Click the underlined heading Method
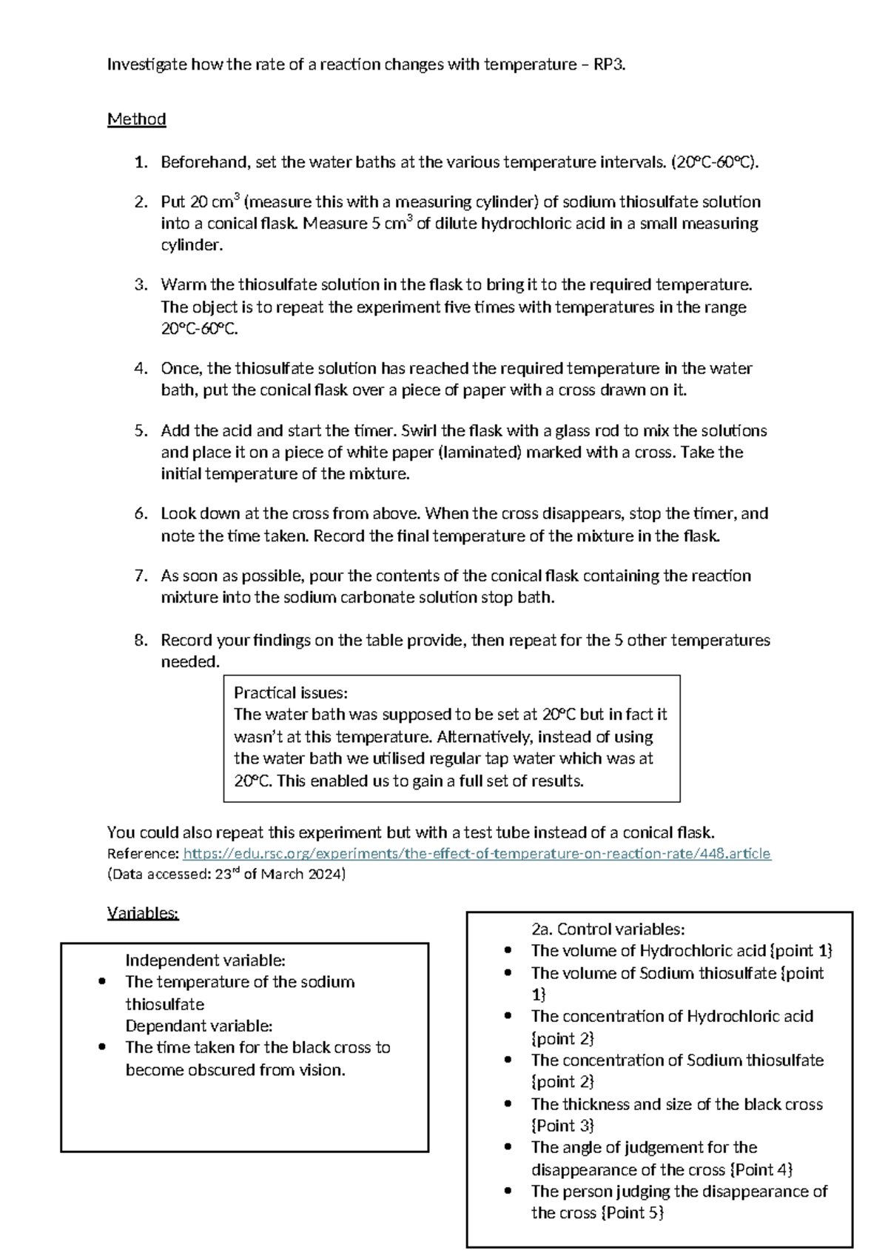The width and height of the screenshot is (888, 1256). coord(136,119)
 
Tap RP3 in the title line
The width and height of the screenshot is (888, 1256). coord(609,64)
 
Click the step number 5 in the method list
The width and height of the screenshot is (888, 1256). coord(141,431)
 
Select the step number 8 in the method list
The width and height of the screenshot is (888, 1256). coord(141,641)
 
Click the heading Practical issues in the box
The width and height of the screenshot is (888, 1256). coord(290,693)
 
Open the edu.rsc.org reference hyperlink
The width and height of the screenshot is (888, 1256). coord(477,854)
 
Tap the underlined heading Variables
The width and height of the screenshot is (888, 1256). coord(143,913)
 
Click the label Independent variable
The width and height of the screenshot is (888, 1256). coord(205,961)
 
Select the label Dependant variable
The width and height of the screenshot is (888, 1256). coord(198,1026)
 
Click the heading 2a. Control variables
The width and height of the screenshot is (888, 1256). coord(608,929)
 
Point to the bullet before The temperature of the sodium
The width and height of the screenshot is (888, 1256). coord(102,983)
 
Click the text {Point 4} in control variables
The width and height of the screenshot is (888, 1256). coord(761,1170)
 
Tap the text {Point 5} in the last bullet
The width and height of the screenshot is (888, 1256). coord(633,1213)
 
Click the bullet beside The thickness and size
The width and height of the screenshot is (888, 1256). coord(508,1104)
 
